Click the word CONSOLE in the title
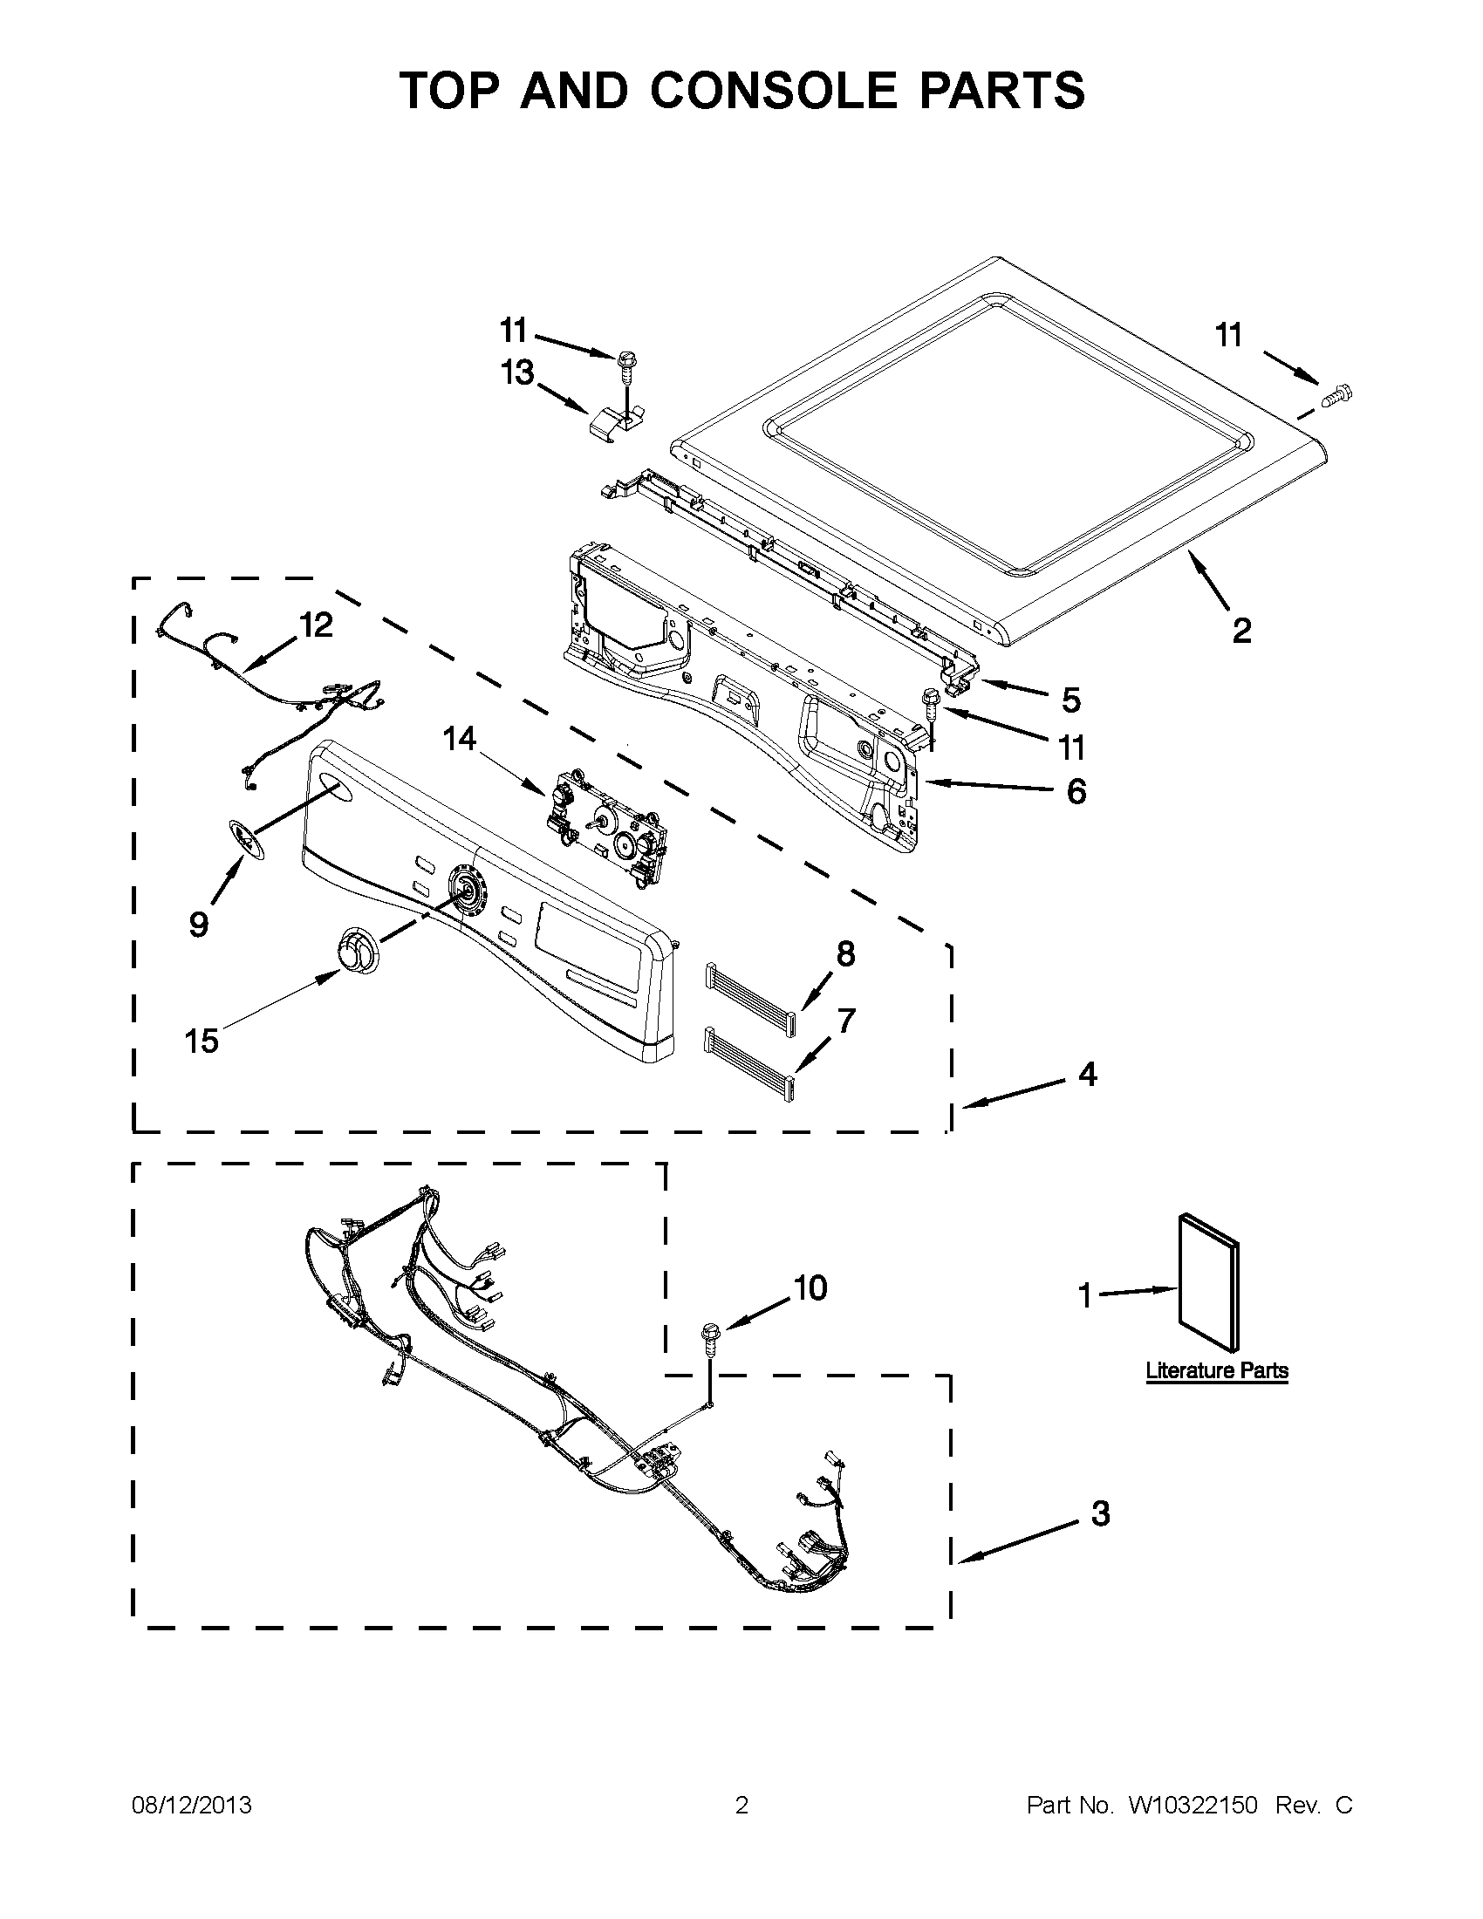point(773,91)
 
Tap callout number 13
point(517,372)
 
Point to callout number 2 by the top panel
point(1241,630)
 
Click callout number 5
point(1071,700)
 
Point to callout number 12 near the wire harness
point(317,625)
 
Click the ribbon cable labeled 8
point(749,989)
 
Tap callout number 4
point(1088,1074)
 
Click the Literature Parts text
point(1217,1370)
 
